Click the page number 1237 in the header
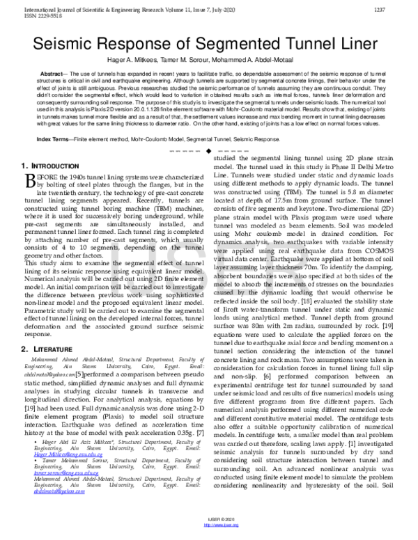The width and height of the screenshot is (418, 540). tap(400, 10)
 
